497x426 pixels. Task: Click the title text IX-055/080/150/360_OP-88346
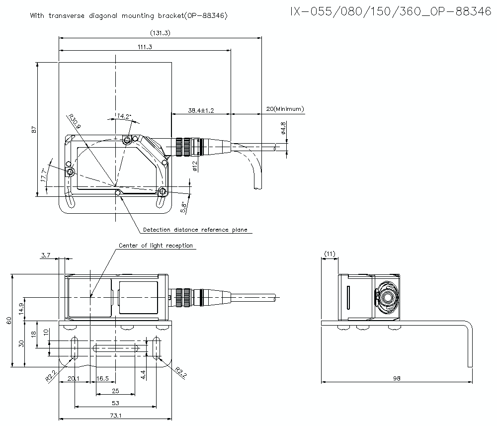coord(391,12)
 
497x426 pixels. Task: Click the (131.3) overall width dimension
coord(160,33)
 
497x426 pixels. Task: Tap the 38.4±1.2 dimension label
coord(201,110)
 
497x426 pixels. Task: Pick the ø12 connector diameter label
coord(195,166)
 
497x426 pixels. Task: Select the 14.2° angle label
coord(124,116)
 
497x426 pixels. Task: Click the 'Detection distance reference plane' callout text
coord(195,230)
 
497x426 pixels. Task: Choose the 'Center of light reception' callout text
coord(156,246)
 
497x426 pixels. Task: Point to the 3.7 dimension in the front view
coord(46,255)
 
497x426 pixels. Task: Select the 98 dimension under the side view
coord(397,379)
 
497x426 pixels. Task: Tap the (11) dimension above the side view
coord(330,254)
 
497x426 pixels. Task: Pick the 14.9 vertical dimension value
coord(20,309)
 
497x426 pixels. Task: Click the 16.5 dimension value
coord(102,379)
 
